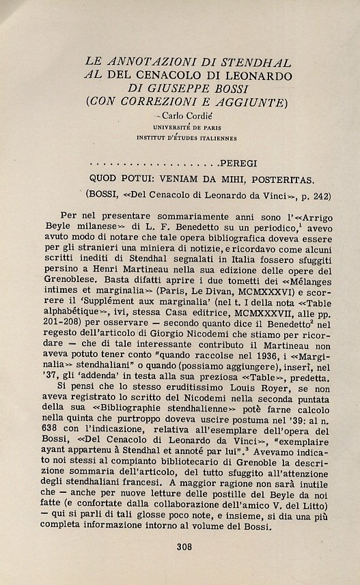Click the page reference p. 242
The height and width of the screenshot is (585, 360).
click(x=316, y=197)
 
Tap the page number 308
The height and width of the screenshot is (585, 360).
click(x=184, y=546)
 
